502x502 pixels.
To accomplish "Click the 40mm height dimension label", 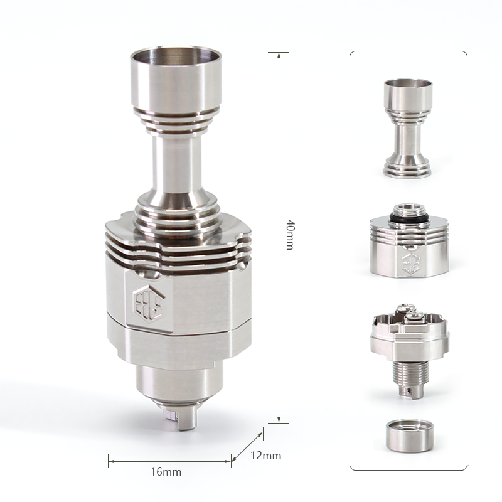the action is click(290, 234).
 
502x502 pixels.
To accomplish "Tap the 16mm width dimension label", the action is click(166, 472).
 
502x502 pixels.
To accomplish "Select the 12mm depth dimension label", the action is click(265, 456).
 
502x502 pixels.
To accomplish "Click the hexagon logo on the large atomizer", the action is click(148, 302).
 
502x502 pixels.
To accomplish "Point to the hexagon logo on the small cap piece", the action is click(410, 263).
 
